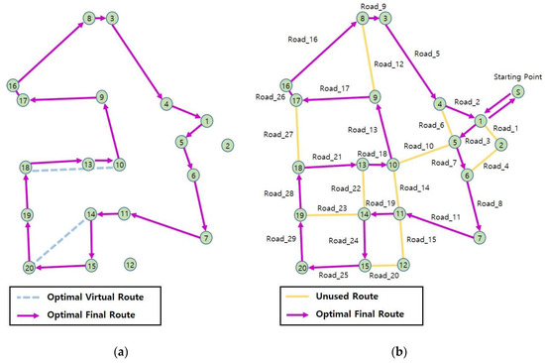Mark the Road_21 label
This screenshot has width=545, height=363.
(x=326, y=157)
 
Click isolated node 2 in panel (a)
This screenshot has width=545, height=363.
(x=228, y=146)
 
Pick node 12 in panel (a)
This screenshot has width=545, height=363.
(x=131, y=263)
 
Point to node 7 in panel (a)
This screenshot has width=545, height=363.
(x=205, y=237)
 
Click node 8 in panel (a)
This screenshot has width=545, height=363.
(x=90, y=18)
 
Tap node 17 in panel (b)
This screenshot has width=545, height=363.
(x=297, y=99)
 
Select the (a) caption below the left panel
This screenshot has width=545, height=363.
(x=120, y=350)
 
